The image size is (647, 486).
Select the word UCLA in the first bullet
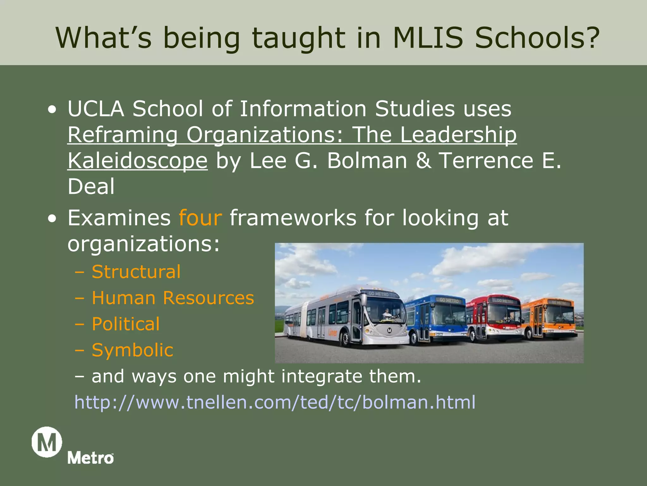[x=96, y=109]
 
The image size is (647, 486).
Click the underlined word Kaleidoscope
[x=137, y=161]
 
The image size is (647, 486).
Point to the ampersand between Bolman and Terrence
[x=423, y=160]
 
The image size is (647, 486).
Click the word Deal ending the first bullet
[x=91, y=186]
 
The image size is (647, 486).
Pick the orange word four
[x=200, y=218]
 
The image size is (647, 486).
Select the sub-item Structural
[x=136, y=272]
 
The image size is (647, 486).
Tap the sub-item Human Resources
[x=172, y=298]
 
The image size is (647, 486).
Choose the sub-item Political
[x=125, y=324]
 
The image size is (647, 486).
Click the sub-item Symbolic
[x=132, y=350]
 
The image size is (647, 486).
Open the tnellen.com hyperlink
[x=275, y=402]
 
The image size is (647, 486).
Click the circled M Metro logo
[x=47, y=442]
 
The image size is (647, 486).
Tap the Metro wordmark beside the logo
[x=90, y=458]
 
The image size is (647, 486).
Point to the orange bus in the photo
[x=550, y=318]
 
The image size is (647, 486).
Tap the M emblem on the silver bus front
[x=390, y=330]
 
